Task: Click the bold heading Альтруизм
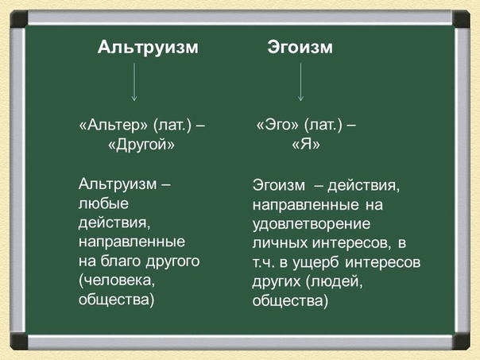[x=148, y=48]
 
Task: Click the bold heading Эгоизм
[x=300, y=48]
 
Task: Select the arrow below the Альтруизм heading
[x=134, y=82]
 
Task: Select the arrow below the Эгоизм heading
[x=300, y=82]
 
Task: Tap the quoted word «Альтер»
[x=114, y=125]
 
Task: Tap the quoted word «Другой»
[x=141, y=144]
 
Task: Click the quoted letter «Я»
[x=306, y=144]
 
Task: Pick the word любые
[x=103, y=204]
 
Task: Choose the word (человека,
[x=117, y=281]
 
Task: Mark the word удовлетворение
[x=312, y=224]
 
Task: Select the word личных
[x=280, y=243]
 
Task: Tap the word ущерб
[x=316, y=263]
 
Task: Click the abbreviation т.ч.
[x=263, y=263]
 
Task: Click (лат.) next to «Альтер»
[x=172, y=125]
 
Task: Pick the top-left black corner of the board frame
[x=19, y=19]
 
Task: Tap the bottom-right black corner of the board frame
[x=461, y=341]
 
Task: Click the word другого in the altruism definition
[x=172, y=262]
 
